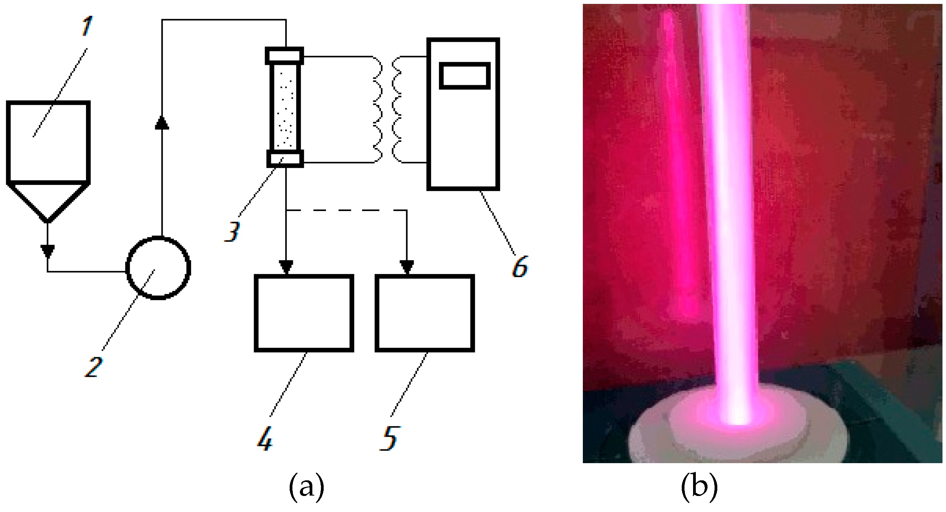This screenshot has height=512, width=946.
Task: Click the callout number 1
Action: (87, 26)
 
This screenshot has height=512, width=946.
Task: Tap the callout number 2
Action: (93, 367)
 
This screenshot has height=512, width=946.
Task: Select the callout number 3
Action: (232, 232)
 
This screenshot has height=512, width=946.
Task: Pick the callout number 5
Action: (389, 439)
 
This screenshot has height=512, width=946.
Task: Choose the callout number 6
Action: (520, 267)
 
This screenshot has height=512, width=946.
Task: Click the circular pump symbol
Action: (158, 268)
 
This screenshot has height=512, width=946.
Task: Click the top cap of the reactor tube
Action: (285, 56)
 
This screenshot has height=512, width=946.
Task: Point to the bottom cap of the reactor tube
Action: (285, 159)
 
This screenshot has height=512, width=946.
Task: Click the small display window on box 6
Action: (464, 76)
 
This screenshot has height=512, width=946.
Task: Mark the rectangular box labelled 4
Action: (304, 313)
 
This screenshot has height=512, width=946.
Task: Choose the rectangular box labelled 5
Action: (425, 313)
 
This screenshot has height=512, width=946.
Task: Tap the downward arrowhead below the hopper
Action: (48, 251)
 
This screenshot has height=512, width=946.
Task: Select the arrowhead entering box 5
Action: (407, 267)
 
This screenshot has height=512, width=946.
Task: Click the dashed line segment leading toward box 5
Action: (348, 210)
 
